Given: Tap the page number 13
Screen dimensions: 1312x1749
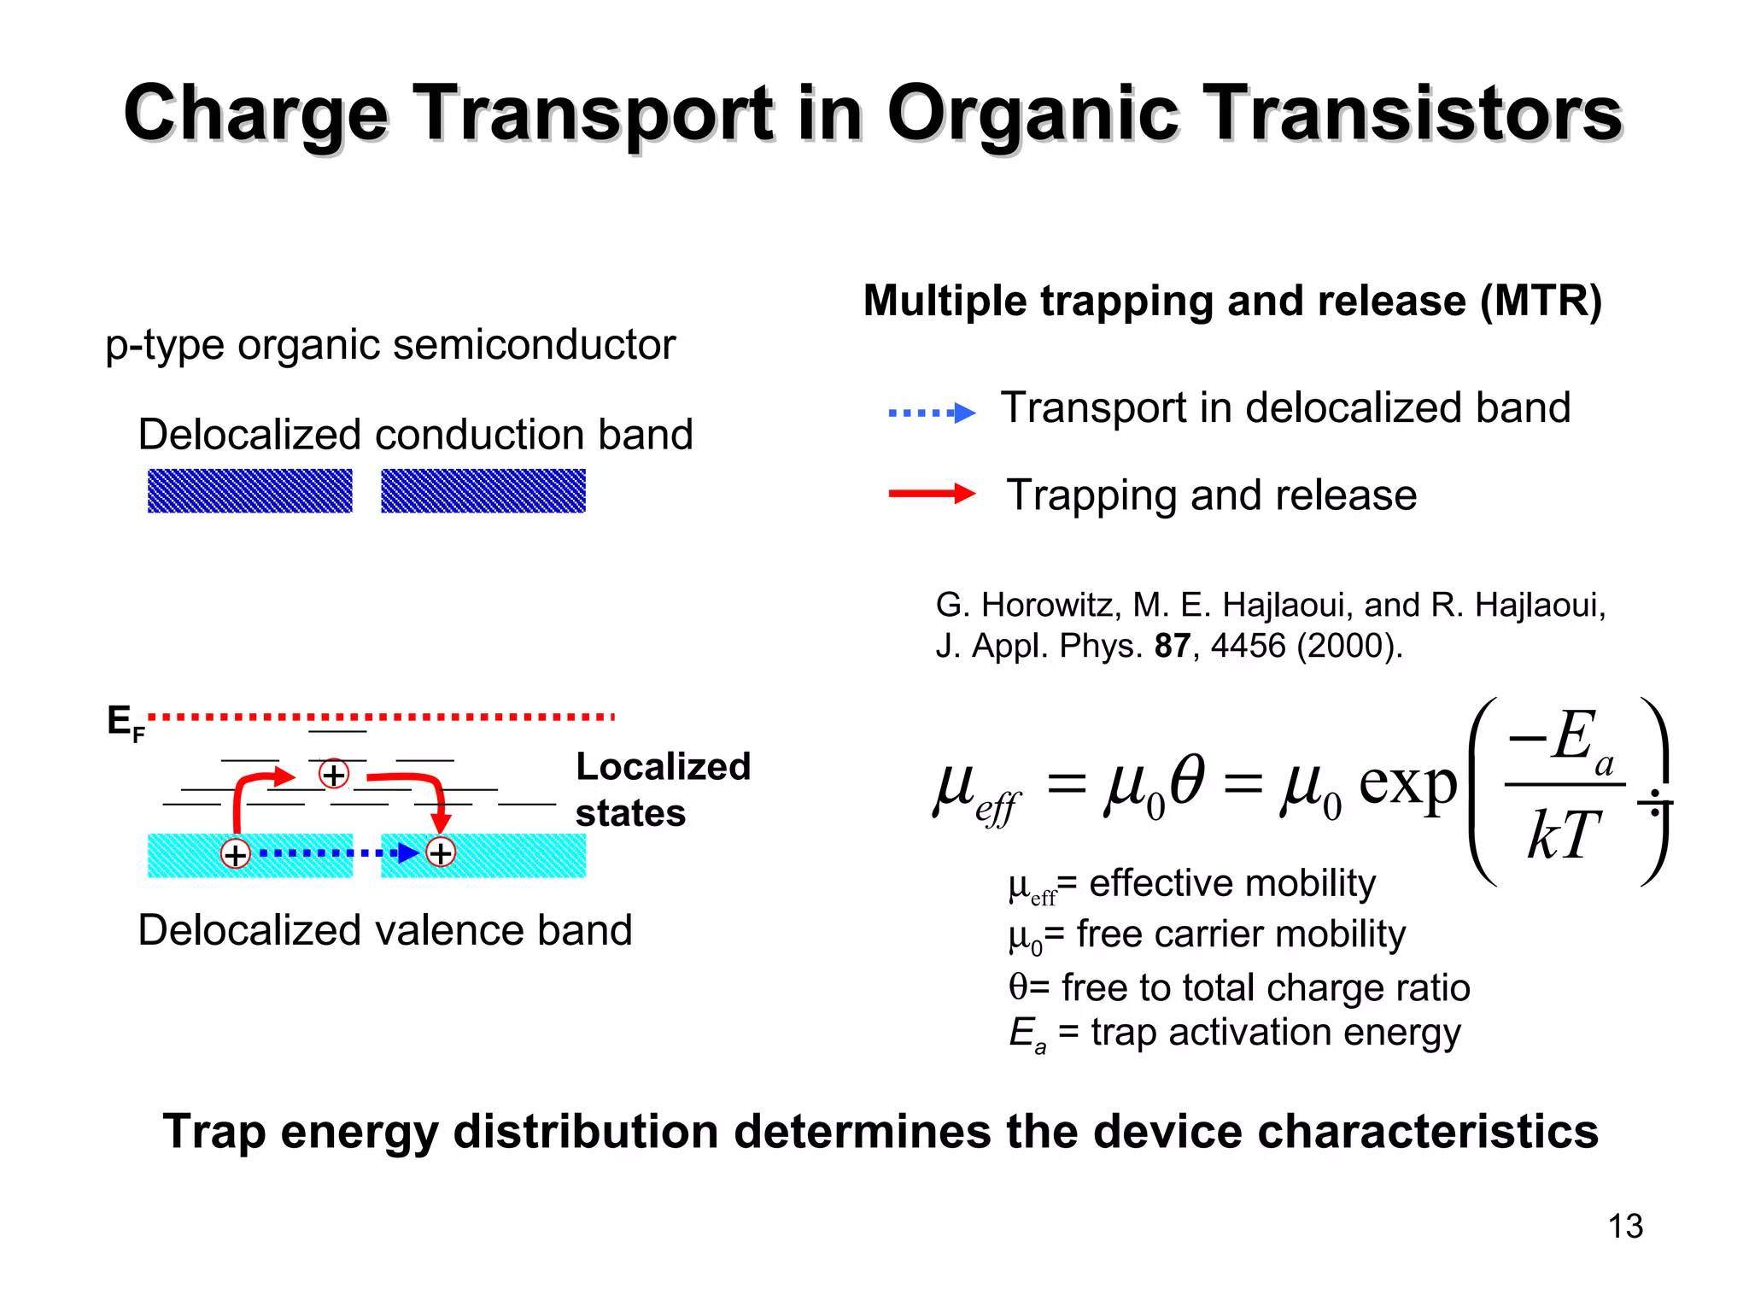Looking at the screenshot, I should click(1624, 1227).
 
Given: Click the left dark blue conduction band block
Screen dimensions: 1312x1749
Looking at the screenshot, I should click(249, 491).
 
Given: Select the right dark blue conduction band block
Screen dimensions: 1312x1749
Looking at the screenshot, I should click(483, 491).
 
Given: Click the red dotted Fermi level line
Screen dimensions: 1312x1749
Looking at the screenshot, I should click(384, 717).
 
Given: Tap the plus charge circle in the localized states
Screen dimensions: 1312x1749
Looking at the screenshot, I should click(333, 774).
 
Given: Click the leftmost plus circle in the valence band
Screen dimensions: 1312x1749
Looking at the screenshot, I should click(235, 853).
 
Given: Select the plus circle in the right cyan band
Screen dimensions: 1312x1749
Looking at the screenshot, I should click(441, 852).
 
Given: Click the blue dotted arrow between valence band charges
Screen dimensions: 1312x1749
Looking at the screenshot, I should click(333, 852).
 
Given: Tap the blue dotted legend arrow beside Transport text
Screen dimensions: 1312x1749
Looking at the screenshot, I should click(931, 413).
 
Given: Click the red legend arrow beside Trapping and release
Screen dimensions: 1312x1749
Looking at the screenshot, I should click(931, 493).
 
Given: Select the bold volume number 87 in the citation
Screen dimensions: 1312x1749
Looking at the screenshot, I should click(1172, 646).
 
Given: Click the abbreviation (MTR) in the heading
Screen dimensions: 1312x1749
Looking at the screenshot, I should click(1541, 301).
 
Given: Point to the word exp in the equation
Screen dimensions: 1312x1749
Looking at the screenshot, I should click(1407, 782).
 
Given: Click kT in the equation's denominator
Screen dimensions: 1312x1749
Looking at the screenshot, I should click(1562, 835).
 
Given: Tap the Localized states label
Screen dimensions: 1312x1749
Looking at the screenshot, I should click(662, 789).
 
